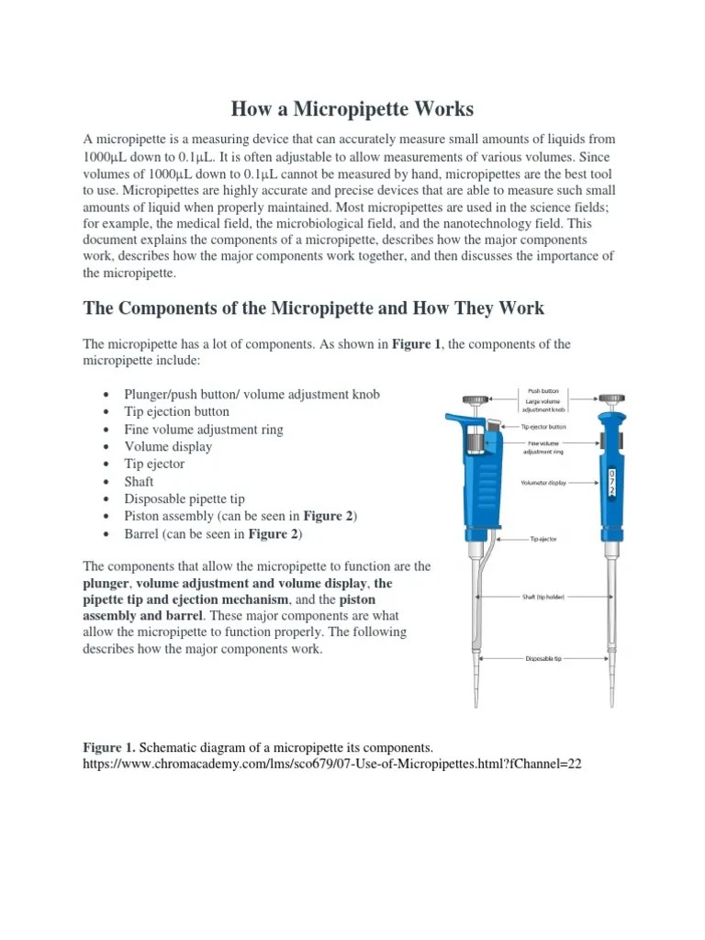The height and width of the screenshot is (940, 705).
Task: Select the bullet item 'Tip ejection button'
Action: click(177, 411)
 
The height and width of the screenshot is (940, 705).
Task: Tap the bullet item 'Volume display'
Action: click(168, 446)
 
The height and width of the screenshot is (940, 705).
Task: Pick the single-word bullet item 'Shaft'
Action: click(140, 481)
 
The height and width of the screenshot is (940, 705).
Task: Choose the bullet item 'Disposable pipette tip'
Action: click(185, 498)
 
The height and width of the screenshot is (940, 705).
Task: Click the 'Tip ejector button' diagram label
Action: click(543, 426)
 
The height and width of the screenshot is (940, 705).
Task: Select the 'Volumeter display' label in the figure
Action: click(543, 482)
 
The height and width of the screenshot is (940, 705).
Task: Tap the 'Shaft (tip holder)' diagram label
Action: click(543, 597)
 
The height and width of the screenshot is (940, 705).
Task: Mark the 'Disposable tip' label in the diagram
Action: click(543, 658)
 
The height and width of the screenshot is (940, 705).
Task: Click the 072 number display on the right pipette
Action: click(612, 481)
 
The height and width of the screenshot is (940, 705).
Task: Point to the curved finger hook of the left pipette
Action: click(457, 420)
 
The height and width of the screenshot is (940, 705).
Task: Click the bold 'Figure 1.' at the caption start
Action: click(109, 747)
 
